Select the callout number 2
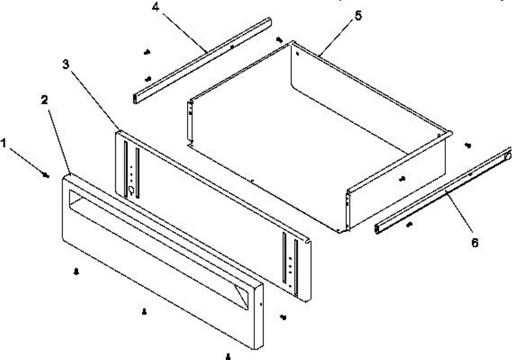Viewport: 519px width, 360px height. (44, 100)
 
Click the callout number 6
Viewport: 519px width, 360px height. (474, 243)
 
